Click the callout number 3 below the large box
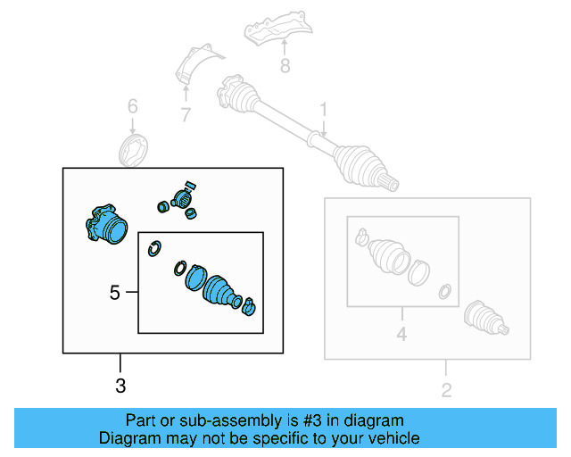tap(121, 386)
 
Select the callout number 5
tap(114, 292)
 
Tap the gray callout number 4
tap(401, 335)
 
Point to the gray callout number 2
tap(446, 388)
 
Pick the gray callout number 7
tap(185, 113)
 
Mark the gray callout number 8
tap(284, 65)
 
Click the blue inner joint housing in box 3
tap(105, 224)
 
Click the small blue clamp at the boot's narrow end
tap(249, 307)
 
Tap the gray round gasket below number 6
tap(133, 150)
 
